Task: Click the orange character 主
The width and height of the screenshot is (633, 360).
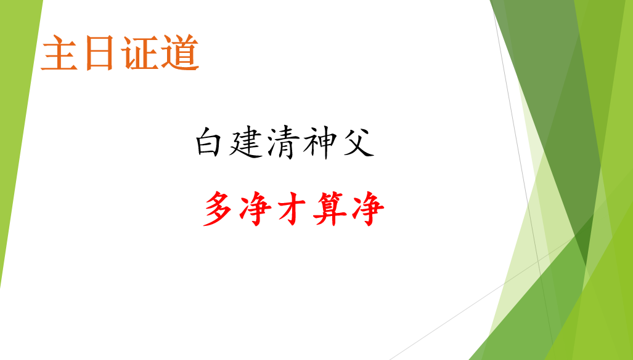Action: (x=59, y=53)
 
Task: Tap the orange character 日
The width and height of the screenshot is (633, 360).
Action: (x=99, y=53)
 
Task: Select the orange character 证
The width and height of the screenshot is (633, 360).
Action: (x=139, y=53)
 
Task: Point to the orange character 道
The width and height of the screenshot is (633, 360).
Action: (x=180, y=53)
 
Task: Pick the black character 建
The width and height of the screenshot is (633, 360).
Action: (x=247, y=142)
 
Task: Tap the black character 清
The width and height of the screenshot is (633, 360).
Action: (x=284, y=142)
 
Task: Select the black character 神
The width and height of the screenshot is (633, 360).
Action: (x=320, y=142)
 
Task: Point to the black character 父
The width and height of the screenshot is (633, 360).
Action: (x=359, y=142)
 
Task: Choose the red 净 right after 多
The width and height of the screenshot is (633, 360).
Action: (x=255, y=209)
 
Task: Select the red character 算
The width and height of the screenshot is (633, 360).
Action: (x=330, y=209)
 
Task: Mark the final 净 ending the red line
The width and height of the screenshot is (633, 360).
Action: (x=368, y=209)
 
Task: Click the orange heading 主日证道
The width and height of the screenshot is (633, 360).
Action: (x=120, y=53)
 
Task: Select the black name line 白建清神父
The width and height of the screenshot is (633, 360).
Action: (x=285, y=142)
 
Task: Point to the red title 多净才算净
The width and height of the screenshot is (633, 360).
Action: (x=293, y=209)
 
